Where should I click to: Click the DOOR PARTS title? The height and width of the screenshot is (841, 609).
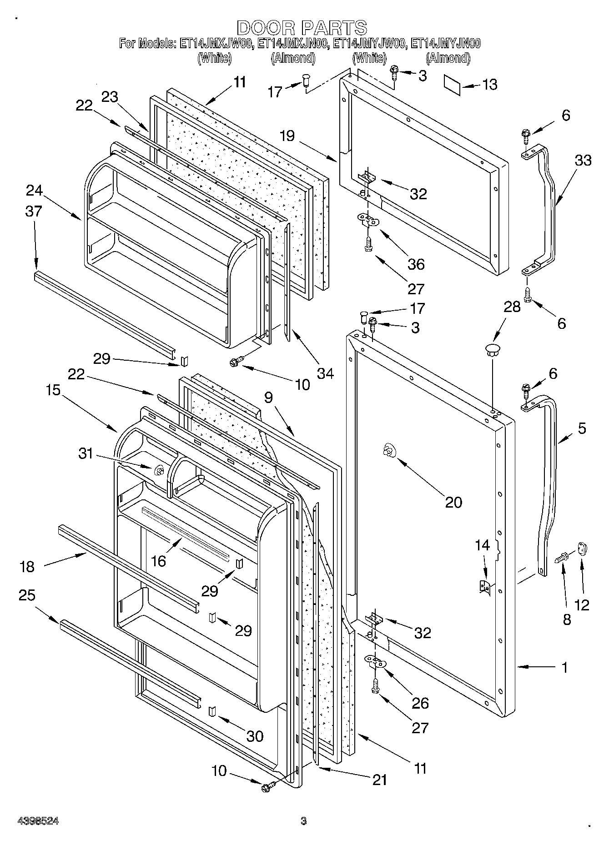(302, 28)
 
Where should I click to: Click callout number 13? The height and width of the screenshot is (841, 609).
(489, 85)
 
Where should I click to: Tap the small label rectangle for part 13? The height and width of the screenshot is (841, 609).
(452, 86)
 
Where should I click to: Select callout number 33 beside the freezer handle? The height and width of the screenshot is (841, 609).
(583, 160)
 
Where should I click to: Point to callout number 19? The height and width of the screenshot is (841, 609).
(287, 136)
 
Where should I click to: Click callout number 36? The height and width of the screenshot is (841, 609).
(416, 264)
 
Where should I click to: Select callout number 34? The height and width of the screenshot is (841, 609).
(325, 373)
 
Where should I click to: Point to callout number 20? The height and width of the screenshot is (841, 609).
(453, 502)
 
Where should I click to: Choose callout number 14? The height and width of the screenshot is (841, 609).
(483, 544)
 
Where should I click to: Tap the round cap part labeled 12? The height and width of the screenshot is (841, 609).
(583, 549)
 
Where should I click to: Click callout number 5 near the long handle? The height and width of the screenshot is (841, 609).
(582, 428)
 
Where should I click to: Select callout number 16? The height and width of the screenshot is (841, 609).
(158, 561)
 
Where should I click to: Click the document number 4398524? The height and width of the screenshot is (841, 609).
(38, 821)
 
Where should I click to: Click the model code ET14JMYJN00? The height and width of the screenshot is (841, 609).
(445, 44)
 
